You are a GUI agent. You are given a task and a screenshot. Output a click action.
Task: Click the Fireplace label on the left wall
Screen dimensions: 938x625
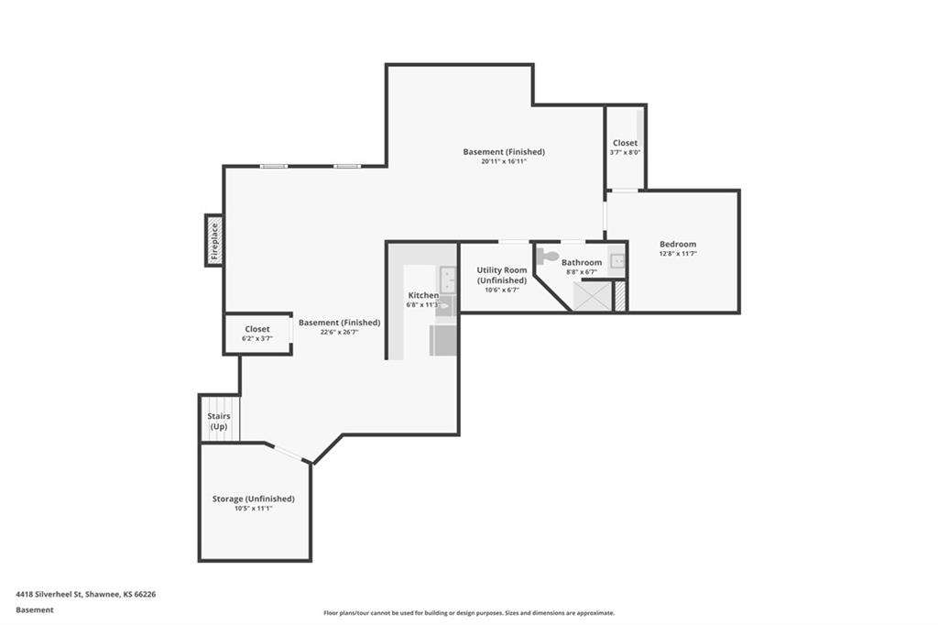214,240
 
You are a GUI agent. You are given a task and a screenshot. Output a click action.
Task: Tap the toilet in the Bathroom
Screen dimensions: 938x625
548,257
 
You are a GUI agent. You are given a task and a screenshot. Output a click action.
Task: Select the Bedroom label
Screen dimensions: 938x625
678,244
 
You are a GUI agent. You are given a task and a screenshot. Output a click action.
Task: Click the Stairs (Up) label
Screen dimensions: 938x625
218,421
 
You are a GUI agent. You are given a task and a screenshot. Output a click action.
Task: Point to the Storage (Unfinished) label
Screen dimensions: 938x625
254,499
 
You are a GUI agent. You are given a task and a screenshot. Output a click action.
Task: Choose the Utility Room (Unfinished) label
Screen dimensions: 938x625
502,275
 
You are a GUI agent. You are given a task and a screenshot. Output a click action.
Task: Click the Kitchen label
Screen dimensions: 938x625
423,295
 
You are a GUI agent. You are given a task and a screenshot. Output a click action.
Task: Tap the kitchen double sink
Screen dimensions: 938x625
447,280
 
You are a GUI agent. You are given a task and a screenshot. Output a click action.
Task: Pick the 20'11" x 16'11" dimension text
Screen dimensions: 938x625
504,161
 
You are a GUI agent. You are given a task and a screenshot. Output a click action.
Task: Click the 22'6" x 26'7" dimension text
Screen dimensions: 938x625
339,332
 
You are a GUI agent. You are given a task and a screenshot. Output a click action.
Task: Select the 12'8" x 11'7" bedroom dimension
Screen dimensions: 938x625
678,253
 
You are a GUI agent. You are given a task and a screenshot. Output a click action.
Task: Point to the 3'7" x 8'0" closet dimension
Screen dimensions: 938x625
625,152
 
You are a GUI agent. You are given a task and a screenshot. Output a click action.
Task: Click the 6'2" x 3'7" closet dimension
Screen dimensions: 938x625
257,338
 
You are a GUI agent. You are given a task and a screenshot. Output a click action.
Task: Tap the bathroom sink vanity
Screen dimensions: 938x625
617,261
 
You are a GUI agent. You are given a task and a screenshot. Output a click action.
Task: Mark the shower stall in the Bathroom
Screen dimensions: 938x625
593,296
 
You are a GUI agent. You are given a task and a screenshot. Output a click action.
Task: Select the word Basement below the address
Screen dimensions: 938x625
35,610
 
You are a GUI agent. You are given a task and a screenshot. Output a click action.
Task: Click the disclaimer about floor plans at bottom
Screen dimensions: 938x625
469,613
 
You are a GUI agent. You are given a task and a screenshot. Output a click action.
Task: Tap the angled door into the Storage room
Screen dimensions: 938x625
289,454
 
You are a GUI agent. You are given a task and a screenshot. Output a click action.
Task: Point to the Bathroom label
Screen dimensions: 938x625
582,262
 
